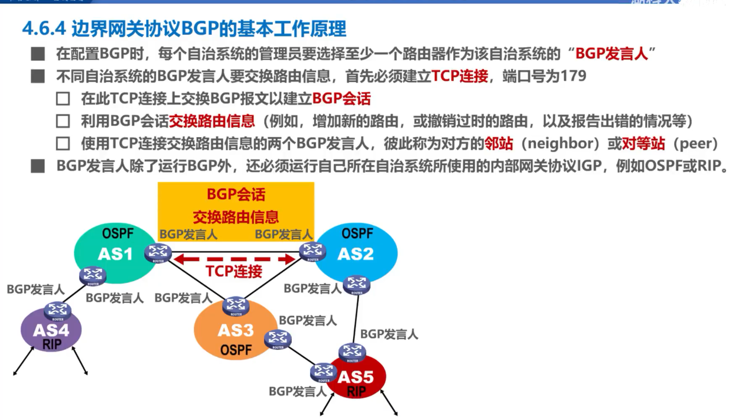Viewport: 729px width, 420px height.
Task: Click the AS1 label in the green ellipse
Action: click(x=115, y=255)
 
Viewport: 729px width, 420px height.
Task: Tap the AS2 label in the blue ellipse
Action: click(x=356, y=254)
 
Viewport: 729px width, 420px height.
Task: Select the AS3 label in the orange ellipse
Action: click(x=236, y=330)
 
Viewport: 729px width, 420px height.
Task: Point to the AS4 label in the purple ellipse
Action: click(x=51, y=330)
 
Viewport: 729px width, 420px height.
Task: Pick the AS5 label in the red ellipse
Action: click(x=357, y=376)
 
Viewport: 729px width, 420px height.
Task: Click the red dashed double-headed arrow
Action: click(x=237, y=259)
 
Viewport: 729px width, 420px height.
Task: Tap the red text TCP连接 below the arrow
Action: click(x=234, y=272)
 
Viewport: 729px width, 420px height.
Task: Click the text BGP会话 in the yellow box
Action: click(x=236, y=194)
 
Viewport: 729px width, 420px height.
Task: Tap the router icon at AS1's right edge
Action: click(x=158, y=253)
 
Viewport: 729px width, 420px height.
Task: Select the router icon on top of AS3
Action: click(x=236, y=305)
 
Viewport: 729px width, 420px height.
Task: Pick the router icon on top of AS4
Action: click(x=57, y=310)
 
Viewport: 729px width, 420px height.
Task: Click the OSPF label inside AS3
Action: click(x=236, y=350)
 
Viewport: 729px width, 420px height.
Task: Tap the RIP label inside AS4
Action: click(x=52, y=344)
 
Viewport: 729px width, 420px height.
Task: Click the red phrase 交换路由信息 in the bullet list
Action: click(x=212, y=121)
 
